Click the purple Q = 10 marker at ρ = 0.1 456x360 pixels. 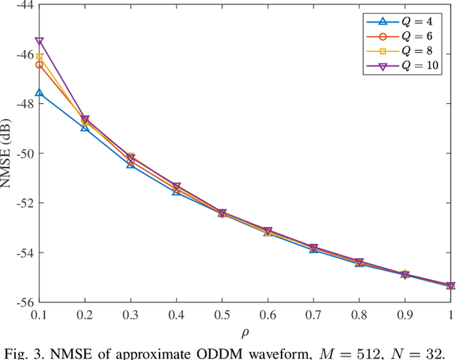tap(39, 41)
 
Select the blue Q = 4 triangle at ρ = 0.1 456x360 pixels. tap(39, 93)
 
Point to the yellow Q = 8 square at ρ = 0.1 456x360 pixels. tap(39, 57)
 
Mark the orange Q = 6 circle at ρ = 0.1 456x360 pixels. tap(39, 65)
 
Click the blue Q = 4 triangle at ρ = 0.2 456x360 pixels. tap(85, 127)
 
